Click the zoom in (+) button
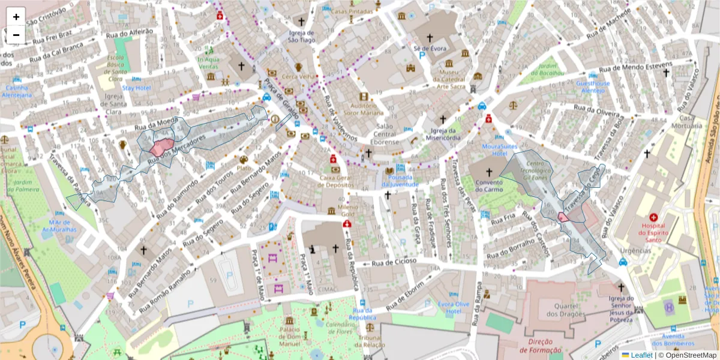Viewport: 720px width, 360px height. click(x=16, y=17)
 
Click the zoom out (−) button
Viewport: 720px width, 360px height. click(x=16, y=35)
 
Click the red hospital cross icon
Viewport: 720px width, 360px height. click(x=653, y=217)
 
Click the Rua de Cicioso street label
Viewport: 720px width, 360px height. click(x=394, y=262)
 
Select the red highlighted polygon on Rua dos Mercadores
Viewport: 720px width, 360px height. click(x=161, y=146)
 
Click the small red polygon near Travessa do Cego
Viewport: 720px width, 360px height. click(x=563, y=217)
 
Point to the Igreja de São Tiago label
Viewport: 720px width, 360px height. click(x=301, y=36)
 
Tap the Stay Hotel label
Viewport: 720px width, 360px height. click(x=136, y=88)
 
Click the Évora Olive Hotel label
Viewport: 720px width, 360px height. click(x=454, y=308)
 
